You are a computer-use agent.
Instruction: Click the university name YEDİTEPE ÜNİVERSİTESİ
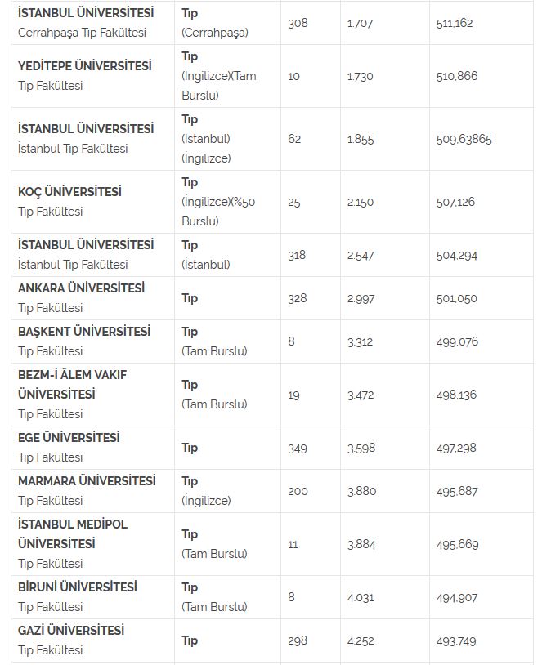tap(84, 66)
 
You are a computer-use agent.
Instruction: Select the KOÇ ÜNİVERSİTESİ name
tap(69, 192)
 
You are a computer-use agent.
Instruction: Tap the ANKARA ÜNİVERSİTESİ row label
tap(81, 288)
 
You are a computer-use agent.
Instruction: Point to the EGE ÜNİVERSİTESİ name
tap(69, 438)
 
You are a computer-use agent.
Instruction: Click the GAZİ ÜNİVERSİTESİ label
tap(71, 631)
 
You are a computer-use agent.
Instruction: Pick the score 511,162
tap(455, 24)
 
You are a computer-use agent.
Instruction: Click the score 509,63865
tap(464, 140)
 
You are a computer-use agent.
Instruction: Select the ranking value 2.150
tap(360, 202)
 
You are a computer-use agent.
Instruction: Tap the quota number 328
tap(298, 298)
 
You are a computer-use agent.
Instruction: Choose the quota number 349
tap(298, 448)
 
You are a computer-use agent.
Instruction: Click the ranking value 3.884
tap(360, 544)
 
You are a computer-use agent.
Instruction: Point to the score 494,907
tap(457, 597)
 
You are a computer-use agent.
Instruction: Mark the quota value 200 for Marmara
tap(298, 491)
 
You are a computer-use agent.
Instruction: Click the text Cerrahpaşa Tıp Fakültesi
tap(82, 33)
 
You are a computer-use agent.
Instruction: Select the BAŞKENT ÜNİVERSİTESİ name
tap(84, 332)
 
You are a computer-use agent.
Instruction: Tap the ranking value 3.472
tap(360, 395)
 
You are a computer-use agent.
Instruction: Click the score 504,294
tap(457, 255)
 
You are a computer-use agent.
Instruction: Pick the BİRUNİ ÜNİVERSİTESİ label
tap(78, 587)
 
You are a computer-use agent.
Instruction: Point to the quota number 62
tap(294, 140)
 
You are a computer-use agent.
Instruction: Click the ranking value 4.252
tap(361, 641)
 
